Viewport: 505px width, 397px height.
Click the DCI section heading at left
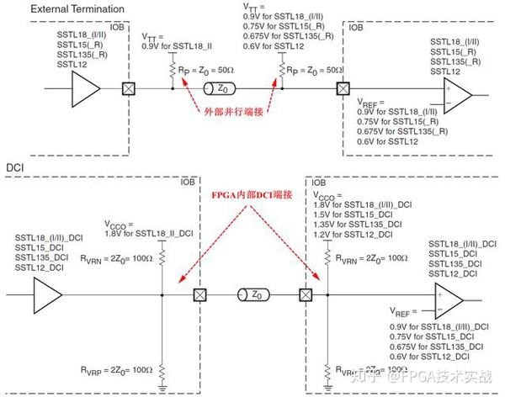click(15, 167)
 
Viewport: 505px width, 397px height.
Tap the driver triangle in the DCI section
click(48, 295)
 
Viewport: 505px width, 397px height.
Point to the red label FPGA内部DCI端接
click(252, 193)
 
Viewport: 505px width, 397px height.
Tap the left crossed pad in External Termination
click(129, 87)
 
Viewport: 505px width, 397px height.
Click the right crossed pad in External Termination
click(343, 87)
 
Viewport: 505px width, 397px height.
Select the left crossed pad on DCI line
click(199, 295)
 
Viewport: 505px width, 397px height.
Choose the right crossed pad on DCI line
click(306, 295)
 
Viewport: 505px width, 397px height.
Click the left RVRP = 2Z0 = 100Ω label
click(118, 369)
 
